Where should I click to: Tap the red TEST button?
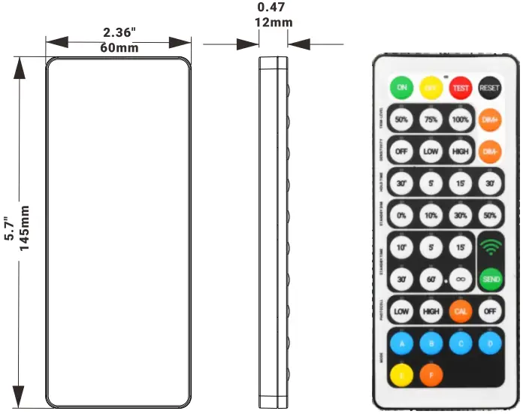pyautogui.click(x=461, y=88)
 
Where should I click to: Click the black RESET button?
pyautogui.click(x=490, y=88)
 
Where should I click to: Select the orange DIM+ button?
pyautogui.click(x=490, y=119)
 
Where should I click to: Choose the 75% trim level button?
pyautogui.click(x=431, y=119)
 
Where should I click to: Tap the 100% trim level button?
pyautogui.click(x=461, y=119)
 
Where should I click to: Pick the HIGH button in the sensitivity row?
pyautogui.click(x=461, y=151)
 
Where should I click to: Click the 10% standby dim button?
pyautogui.click(x=431, y=215)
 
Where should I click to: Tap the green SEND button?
pyautogui.click(x=490, y=278)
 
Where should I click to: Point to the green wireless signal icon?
pyautogui.click(x=490, y=246)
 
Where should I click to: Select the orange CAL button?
pyautogui.click(x=461, y=310)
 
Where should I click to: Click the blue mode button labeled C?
pyautogui.click(x=461, y=343)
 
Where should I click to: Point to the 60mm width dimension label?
pyautogui.click(x=119, y=48)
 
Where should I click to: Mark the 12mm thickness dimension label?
pyautogui.click(x=274, y=22)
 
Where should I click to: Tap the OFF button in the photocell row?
pyautogui.click(x=490, y=310)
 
